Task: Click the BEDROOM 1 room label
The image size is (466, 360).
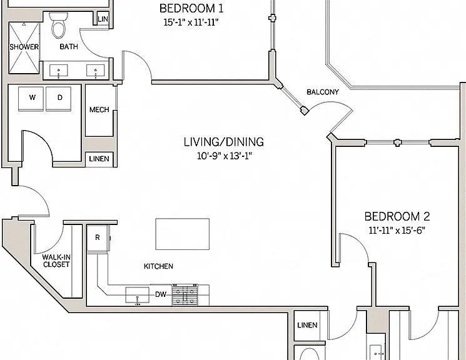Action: coord(191,8)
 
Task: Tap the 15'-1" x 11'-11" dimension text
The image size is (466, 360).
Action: coord(191,22)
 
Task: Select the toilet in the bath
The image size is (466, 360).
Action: coord(59,26)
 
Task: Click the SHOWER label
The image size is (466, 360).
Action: coord(24,47)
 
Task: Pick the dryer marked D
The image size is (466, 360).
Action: coord(59,98)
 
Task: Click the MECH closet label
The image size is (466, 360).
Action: coord(99,109)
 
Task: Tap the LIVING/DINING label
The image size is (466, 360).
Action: coord(224,142)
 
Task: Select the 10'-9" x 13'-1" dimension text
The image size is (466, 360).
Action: coord(225,156)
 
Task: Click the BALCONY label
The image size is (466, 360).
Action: coord(323,92)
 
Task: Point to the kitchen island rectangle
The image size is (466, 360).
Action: coord(183,234)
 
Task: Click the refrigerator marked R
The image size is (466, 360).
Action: coord(98,238)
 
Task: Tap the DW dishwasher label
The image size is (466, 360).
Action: coord(161,294)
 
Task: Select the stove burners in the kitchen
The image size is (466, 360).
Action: coord(185,294)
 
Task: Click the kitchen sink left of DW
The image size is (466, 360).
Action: coord(138,295)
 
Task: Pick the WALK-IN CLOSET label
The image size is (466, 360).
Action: coord(56,261)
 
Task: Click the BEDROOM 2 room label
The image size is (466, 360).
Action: coord(397,216)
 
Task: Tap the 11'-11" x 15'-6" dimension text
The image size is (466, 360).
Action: coord(397,230)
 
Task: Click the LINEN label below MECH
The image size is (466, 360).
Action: coord(99,159)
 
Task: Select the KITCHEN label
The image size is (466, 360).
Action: coord(158,266)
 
